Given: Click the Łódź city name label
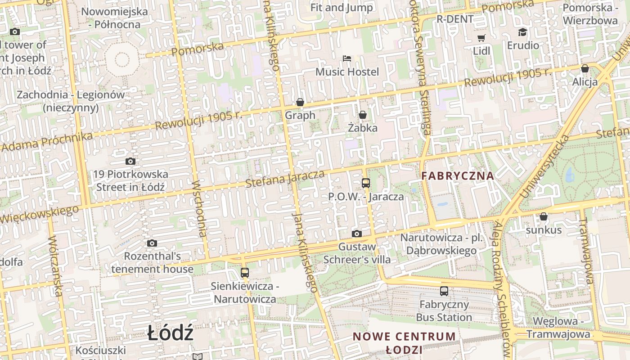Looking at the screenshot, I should [171, 333].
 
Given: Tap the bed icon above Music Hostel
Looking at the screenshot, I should [347, 58].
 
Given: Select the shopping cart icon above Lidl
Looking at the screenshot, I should [481, 38].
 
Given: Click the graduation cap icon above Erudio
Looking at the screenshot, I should [522, 32].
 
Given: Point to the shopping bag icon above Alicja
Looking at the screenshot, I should [585, 68].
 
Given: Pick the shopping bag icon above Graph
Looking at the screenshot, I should [300, 102].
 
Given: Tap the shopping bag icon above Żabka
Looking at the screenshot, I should [363, 115].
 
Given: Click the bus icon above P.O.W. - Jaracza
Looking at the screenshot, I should [366, 183].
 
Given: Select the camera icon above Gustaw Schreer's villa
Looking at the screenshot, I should [357, 234].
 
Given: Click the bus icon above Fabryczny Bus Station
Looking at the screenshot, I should [444, 291].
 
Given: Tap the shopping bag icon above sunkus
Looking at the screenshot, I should [544, 216].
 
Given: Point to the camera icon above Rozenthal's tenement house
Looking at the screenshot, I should [152, 243].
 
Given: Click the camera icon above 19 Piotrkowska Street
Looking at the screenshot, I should [130, 161].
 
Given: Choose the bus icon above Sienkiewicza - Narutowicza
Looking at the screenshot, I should [245, 272].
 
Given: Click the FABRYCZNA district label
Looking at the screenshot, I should [458, 176].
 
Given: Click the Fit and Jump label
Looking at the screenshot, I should [342, 8].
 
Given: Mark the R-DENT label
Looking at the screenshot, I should [455, 19].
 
